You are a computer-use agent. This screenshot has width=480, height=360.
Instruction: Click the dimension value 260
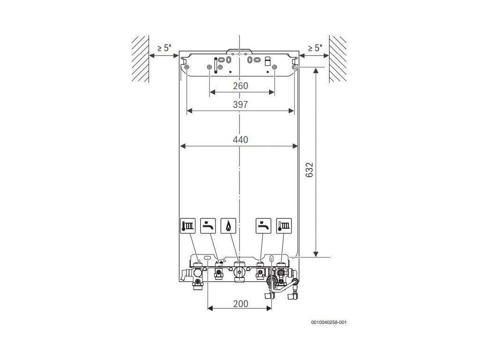click(240, 86)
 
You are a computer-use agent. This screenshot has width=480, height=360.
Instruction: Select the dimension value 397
click(240, 105)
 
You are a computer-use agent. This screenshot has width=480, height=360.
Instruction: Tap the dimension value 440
click(240, 140)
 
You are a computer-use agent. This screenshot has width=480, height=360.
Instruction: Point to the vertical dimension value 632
click(310, 170)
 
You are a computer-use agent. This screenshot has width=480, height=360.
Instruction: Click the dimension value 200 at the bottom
click(240, 304)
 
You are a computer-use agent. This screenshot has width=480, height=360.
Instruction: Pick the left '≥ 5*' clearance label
click(164, 48)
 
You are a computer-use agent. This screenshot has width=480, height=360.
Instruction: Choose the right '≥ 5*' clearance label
click(315, 48)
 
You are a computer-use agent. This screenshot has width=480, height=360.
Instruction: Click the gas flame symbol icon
click(228, 226)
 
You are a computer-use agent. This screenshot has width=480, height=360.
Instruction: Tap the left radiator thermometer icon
click(187, 226)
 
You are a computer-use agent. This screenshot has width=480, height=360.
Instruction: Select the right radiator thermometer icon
click(284, 226)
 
